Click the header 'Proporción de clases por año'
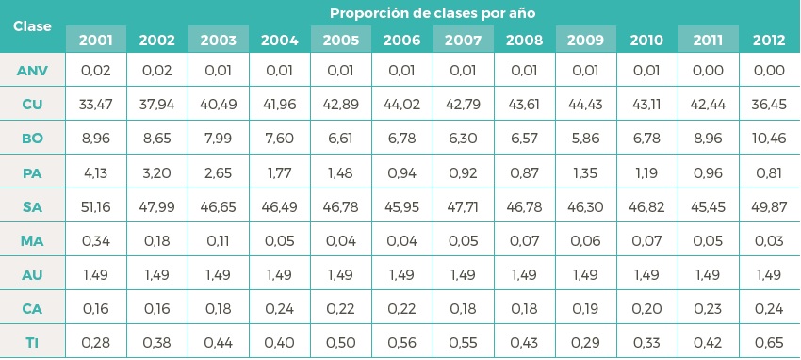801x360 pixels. tap(433, 13)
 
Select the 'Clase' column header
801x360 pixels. tap(33, 25)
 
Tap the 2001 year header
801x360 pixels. tap(96, 40)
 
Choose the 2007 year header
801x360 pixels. tap(464, 40)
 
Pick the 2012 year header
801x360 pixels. tap(770, 40)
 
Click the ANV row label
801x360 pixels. tap(33, 71)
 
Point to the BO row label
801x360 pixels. tap(33, 138)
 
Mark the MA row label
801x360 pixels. tap(33, 239)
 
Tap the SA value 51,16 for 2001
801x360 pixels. tap(96, 205)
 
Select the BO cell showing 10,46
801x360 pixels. tap(770, 138)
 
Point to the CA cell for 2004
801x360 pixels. tap(280, 307)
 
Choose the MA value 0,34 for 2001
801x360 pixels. tap(96, 239)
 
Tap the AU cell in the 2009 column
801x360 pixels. tap(586, 273)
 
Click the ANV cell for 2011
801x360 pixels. tap(709, 71)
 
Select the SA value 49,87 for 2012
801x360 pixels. tap(770, 205)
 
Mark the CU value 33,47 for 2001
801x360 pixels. tap(96, 105)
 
